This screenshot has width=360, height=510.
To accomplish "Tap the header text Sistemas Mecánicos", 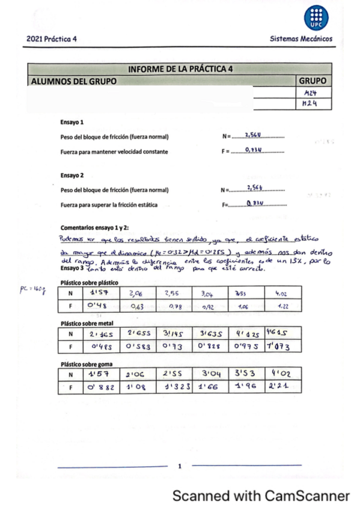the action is [301, 40].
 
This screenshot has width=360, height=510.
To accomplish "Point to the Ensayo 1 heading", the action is [73, 121].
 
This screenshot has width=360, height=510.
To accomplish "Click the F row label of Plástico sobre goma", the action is [71, 388].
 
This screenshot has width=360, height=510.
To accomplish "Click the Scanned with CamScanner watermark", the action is [261, 496].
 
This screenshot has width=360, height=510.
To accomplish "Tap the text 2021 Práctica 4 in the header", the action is [52, 40].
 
